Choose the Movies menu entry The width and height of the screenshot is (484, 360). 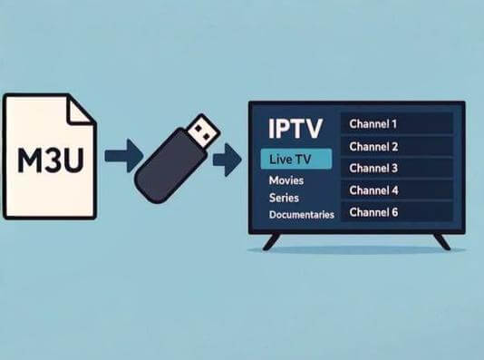[x=286, y=180]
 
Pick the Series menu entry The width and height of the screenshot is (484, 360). [x=285, y=198]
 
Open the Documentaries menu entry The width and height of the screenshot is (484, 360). [x=302, y=215]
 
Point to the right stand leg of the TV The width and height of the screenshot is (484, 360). [x=440, y=240]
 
